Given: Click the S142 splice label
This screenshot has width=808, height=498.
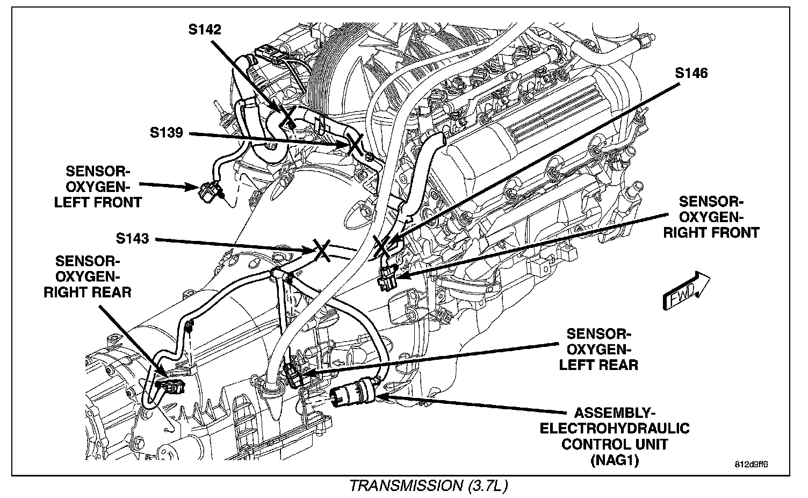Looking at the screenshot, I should [204, 29].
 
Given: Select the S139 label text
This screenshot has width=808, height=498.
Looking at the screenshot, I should [167, 132].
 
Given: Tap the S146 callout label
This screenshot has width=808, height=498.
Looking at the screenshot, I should [691, 73].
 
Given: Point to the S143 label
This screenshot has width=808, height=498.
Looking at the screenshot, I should [132, 238].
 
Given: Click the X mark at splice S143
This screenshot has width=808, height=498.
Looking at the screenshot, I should [322, 250].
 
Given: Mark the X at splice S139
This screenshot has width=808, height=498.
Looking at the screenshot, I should [355, 144].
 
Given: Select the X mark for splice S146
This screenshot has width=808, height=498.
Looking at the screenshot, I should [385, 247].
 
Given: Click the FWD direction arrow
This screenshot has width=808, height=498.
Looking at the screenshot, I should [686, 290].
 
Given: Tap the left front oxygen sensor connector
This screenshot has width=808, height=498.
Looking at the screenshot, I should [207, 190].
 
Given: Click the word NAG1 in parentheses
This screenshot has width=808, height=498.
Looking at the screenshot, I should [615, 460].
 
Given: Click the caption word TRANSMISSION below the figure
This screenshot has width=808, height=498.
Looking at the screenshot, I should [403, 486].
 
